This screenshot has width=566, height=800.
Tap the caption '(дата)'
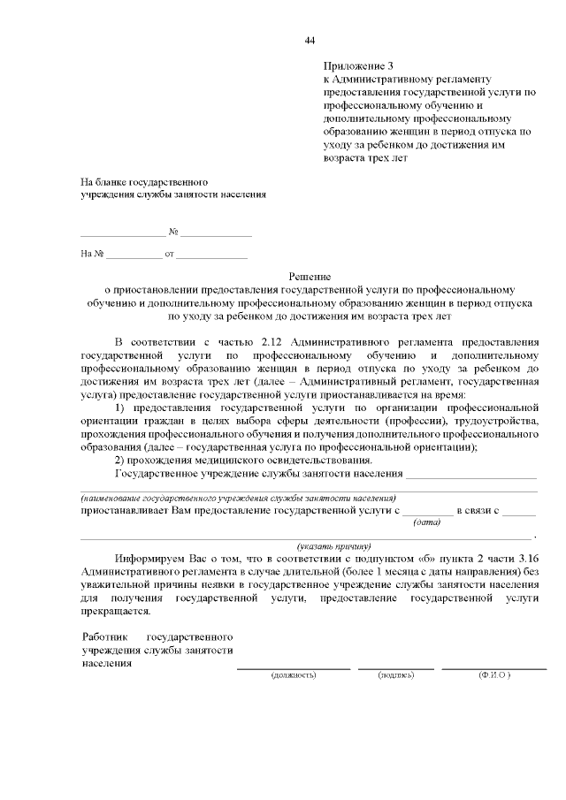(x=427, y=522)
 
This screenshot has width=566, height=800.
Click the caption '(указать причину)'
(x=334, y=546)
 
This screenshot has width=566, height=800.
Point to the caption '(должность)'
(x=292, y=674)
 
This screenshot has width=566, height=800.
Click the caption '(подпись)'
(x=395, y=674)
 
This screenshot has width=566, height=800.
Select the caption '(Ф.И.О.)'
(x=494, y=674)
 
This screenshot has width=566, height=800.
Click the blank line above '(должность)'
(x=292, y=667)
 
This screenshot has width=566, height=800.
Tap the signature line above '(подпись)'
(x=395, y=667)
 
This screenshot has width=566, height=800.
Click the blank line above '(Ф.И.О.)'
(x=494, y=667)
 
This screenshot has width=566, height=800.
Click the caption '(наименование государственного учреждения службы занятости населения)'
(x=232, y=499)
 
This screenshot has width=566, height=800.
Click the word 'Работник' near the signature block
(x=104, y=636)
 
